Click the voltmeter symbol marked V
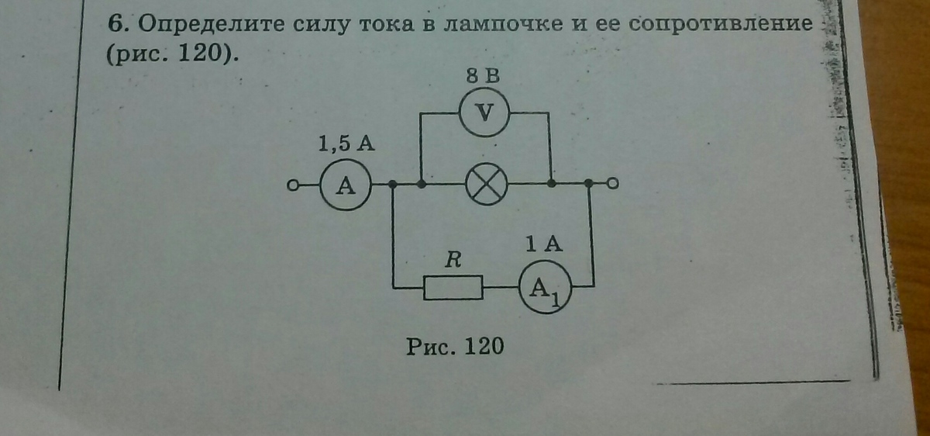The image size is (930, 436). pyautogui.click(x=484, y=113)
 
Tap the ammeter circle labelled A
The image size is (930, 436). pyautogui.click(x=345, y=185)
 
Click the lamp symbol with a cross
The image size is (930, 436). pyautogui.click(x=485, y=185)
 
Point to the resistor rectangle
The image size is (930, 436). pyautogui.click(x=453, y=288)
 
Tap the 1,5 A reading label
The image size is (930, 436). pyautogui.click(x=347, y=144)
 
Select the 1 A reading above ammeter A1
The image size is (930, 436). pyautogui.click(x=542, y=244)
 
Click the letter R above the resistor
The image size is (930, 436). pyautogui.click(x=453, y=261)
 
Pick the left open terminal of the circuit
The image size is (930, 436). pyautogui.click(x=293, y=185)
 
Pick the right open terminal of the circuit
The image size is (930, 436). pyautogui.click(x=613, y=184)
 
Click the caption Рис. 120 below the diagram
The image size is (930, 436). pyautogui.click(x=455, y=345)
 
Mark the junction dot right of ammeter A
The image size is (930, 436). pyautogui.click(x=393, y=185)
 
